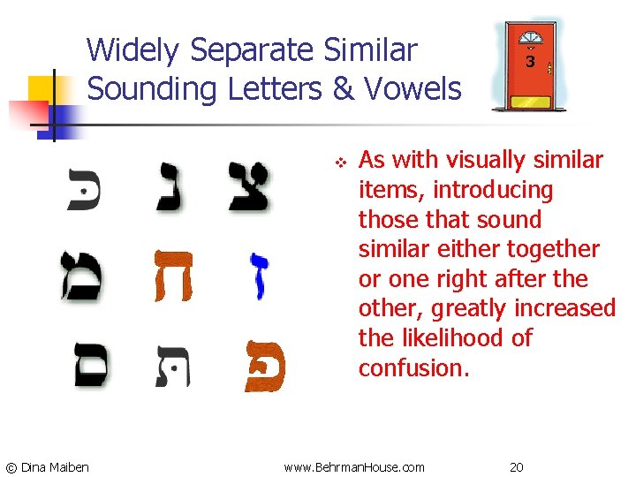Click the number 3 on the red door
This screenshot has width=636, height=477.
530,63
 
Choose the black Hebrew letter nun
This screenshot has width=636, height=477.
170,185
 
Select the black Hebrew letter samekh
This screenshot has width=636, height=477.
87,364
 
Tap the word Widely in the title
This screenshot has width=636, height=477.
133,50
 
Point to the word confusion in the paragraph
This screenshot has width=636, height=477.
412,367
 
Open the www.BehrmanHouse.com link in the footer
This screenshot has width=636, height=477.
354,466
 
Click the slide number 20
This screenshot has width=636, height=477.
518,466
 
